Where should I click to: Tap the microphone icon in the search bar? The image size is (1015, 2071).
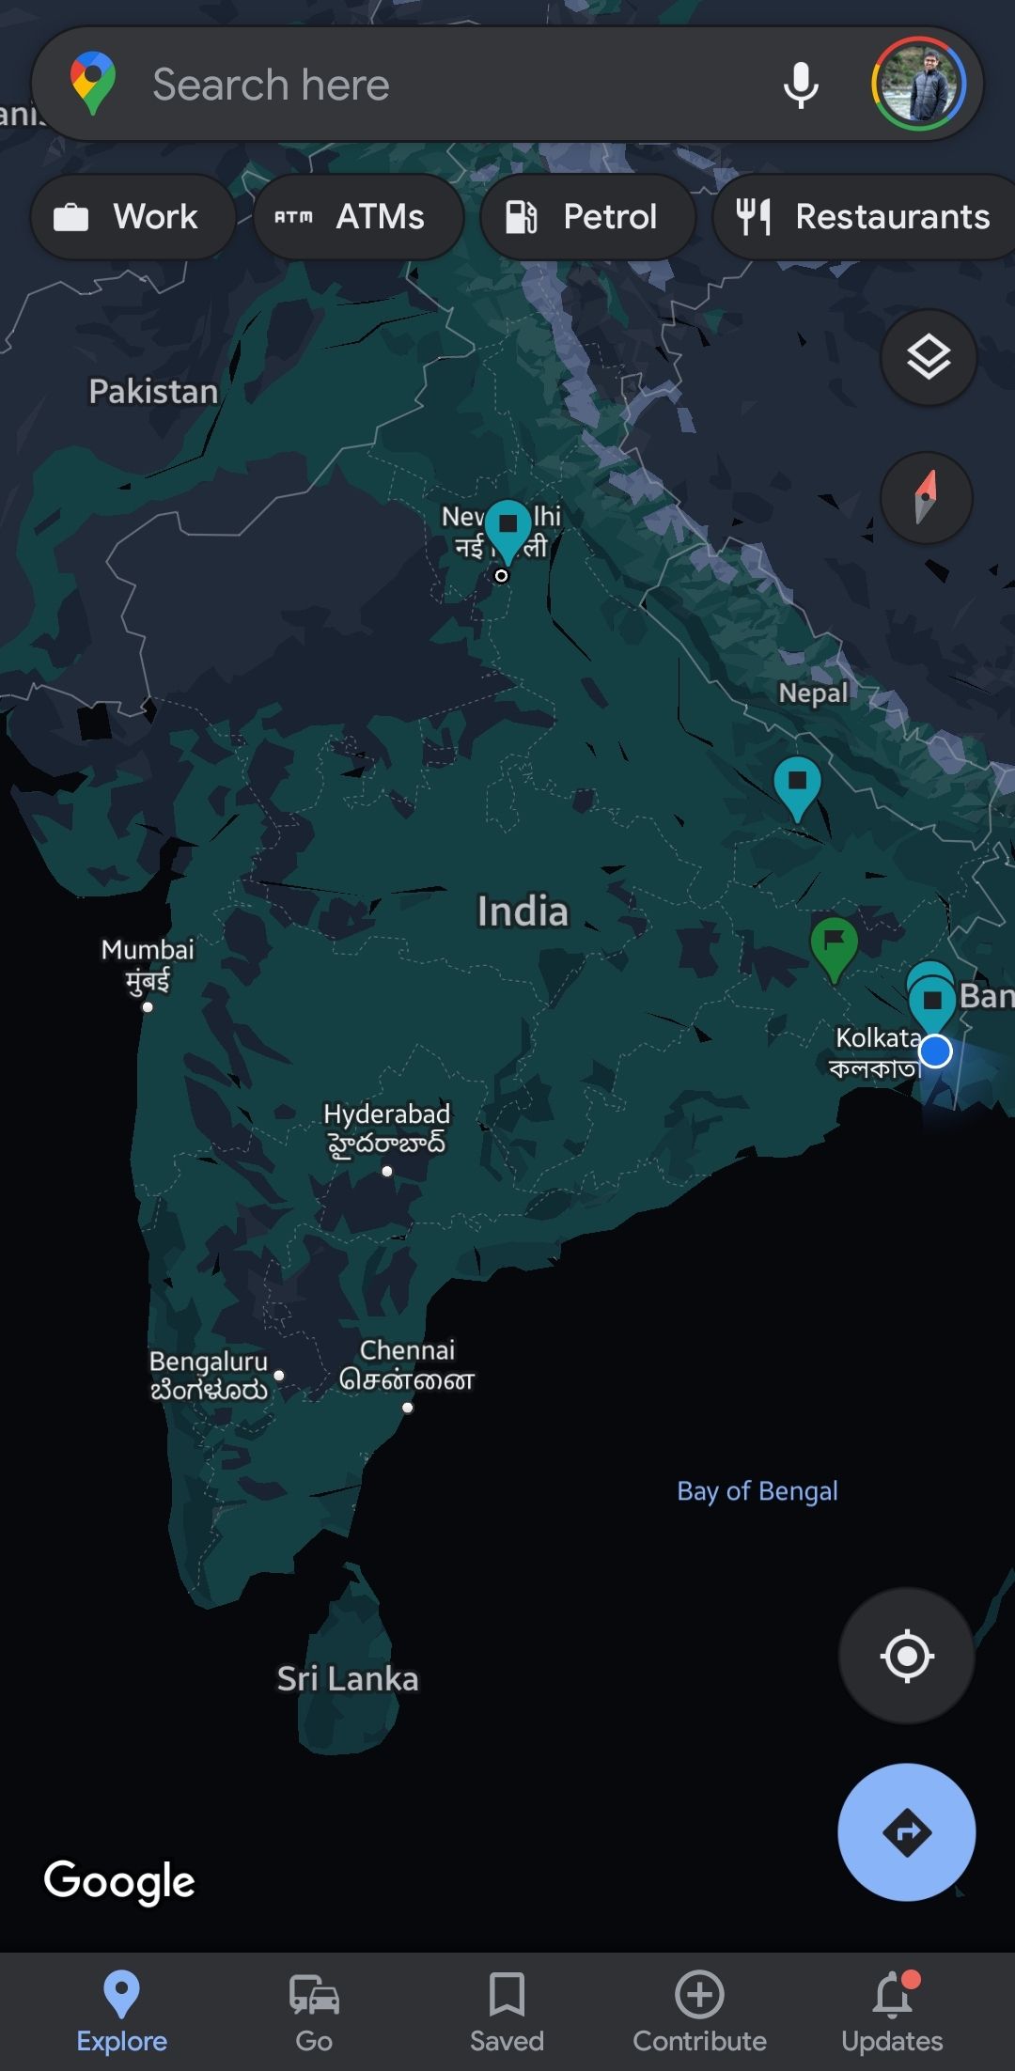pos(801,85)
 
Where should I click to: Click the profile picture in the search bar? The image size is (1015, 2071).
pos(918,85)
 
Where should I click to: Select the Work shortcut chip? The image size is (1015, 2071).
pos(133,217)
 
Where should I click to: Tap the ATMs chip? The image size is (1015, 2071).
pos(358,217)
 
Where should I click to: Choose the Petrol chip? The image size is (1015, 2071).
pos(587,217)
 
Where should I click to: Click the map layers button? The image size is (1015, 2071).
pos(928,357)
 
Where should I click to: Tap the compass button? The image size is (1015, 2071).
pos(926,497)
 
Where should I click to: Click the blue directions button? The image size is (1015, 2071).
pos(906,1831)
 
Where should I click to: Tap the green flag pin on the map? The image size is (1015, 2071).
pos(834,943)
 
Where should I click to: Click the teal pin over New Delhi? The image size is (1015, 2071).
pos(508,526)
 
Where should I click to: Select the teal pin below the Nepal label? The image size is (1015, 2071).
pos(797,784)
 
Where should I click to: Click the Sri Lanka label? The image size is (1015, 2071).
pos(348,1678)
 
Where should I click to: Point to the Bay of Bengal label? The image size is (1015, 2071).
pos(757,1491)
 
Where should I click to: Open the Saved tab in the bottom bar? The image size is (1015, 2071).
pos(507,2012)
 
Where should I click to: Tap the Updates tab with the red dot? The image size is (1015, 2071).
pos(892,2012)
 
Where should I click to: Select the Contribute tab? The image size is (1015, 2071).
pos(699,2012)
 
